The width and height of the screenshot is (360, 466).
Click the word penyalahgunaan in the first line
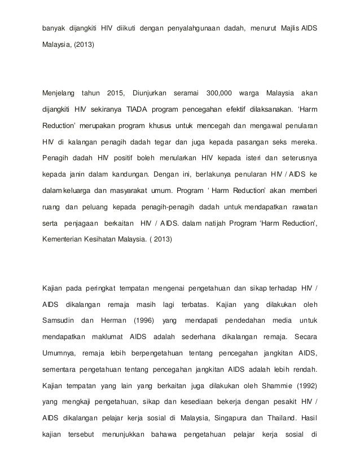point(199,28)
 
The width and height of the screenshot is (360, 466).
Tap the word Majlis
point(292,28)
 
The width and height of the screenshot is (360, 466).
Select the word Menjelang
point(59,93)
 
